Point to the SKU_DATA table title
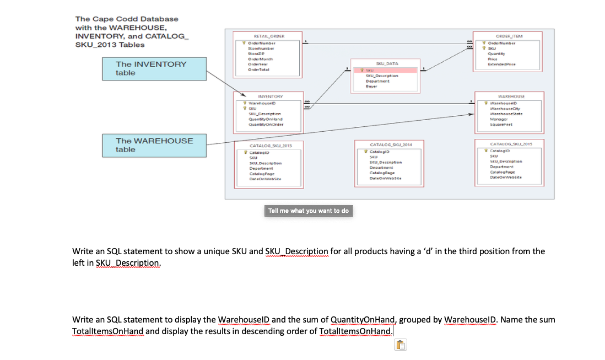click(387, 64)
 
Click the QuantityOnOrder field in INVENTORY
click(266, 124)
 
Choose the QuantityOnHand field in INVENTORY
click(266, 119)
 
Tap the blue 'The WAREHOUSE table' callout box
click(154, 145)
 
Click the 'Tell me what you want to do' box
click(309, 211)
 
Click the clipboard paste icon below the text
click(401, 346)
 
